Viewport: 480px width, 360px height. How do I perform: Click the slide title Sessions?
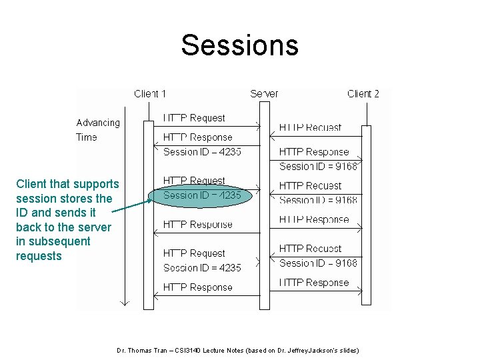pyautogui.click(x=239, y=45)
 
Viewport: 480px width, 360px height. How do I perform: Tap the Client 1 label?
pyautogui.click(x=150, y=93)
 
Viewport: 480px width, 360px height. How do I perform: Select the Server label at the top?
pyautogui.click(x=264, y=93)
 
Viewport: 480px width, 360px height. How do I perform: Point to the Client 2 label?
pyautogui.click(x=363, y=93)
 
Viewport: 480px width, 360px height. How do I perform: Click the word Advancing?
pyautogui.click(x=98, y=123)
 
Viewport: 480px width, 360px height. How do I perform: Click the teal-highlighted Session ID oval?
pyautogui.click(x=202, y=196)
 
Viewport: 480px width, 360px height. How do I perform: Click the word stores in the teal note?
pyautogui.click(x=77, y=199)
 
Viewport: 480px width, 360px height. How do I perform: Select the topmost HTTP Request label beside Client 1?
pyautogui.click(x=194, y=118)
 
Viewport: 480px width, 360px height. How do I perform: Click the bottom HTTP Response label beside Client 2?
pyautogui.click(x=313, y=283)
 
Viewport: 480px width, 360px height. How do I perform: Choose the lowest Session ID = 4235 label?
pyautogui.click(x=202, y=268)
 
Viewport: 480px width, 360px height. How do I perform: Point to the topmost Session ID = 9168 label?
pyautogui.click(x=318, y=166)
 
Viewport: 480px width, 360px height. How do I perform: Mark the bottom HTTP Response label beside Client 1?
pyautogui.click(x=197, y=287)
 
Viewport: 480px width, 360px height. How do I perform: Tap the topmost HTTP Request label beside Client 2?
pyautogui.click(x=310, y=127)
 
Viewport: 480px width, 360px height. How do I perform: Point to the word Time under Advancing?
pyautogui.click(x=87, y=137)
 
